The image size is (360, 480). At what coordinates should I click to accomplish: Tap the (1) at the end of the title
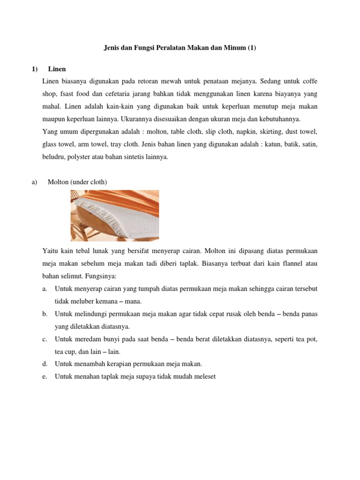pyautogui.click(x=251, y=48)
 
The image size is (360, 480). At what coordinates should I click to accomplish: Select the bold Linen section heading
pyautogui.click(x=57, y=69)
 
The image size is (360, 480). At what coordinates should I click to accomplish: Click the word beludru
pyautogui.click(x=53, y=157)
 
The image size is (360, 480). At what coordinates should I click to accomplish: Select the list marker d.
pyautogui.click(x=44, y=364)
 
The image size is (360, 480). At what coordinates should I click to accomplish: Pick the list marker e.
pyautogui.click(x=44, y=376)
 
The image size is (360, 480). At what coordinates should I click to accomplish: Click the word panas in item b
pyautogui.click(x=309, y=313)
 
